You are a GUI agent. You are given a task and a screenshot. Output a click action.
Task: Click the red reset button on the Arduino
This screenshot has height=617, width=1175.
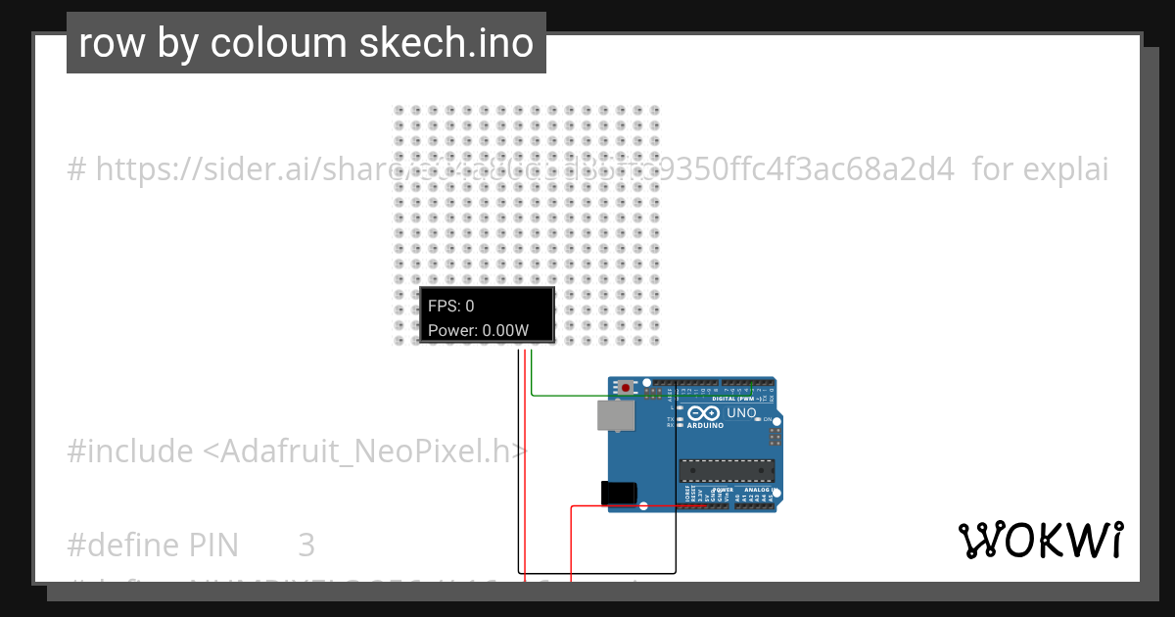click(x=626, y=388)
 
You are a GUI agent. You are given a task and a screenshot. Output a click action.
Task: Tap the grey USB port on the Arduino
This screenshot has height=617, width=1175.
click(x=615, y=416)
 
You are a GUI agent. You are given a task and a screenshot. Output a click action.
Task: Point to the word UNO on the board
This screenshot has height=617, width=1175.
click(x=741, y=413)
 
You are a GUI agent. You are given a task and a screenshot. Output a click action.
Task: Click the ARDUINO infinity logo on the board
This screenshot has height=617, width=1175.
click(x=704, y=415)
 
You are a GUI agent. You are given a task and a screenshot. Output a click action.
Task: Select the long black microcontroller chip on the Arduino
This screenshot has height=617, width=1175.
click(x=727, y=470)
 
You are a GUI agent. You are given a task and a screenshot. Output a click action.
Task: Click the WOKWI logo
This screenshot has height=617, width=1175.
click(x=1041, y=540)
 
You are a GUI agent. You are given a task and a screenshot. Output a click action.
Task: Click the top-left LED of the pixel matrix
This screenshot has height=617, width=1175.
click(x=399, y=111)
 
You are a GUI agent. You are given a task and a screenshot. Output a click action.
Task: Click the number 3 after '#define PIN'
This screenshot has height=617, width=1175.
click(x=306, y=545)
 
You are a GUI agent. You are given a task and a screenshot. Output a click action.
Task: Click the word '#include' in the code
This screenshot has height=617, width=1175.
click(x=130, y=451)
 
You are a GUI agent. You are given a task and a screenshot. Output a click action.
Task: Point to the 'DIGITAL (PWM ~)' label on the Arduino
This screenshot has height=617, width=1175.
click(x=732, y=399)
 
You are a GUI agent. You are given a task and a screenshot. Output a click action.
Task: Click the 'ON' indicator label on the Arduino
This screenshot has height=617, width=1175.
click(x=768, y=419)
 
